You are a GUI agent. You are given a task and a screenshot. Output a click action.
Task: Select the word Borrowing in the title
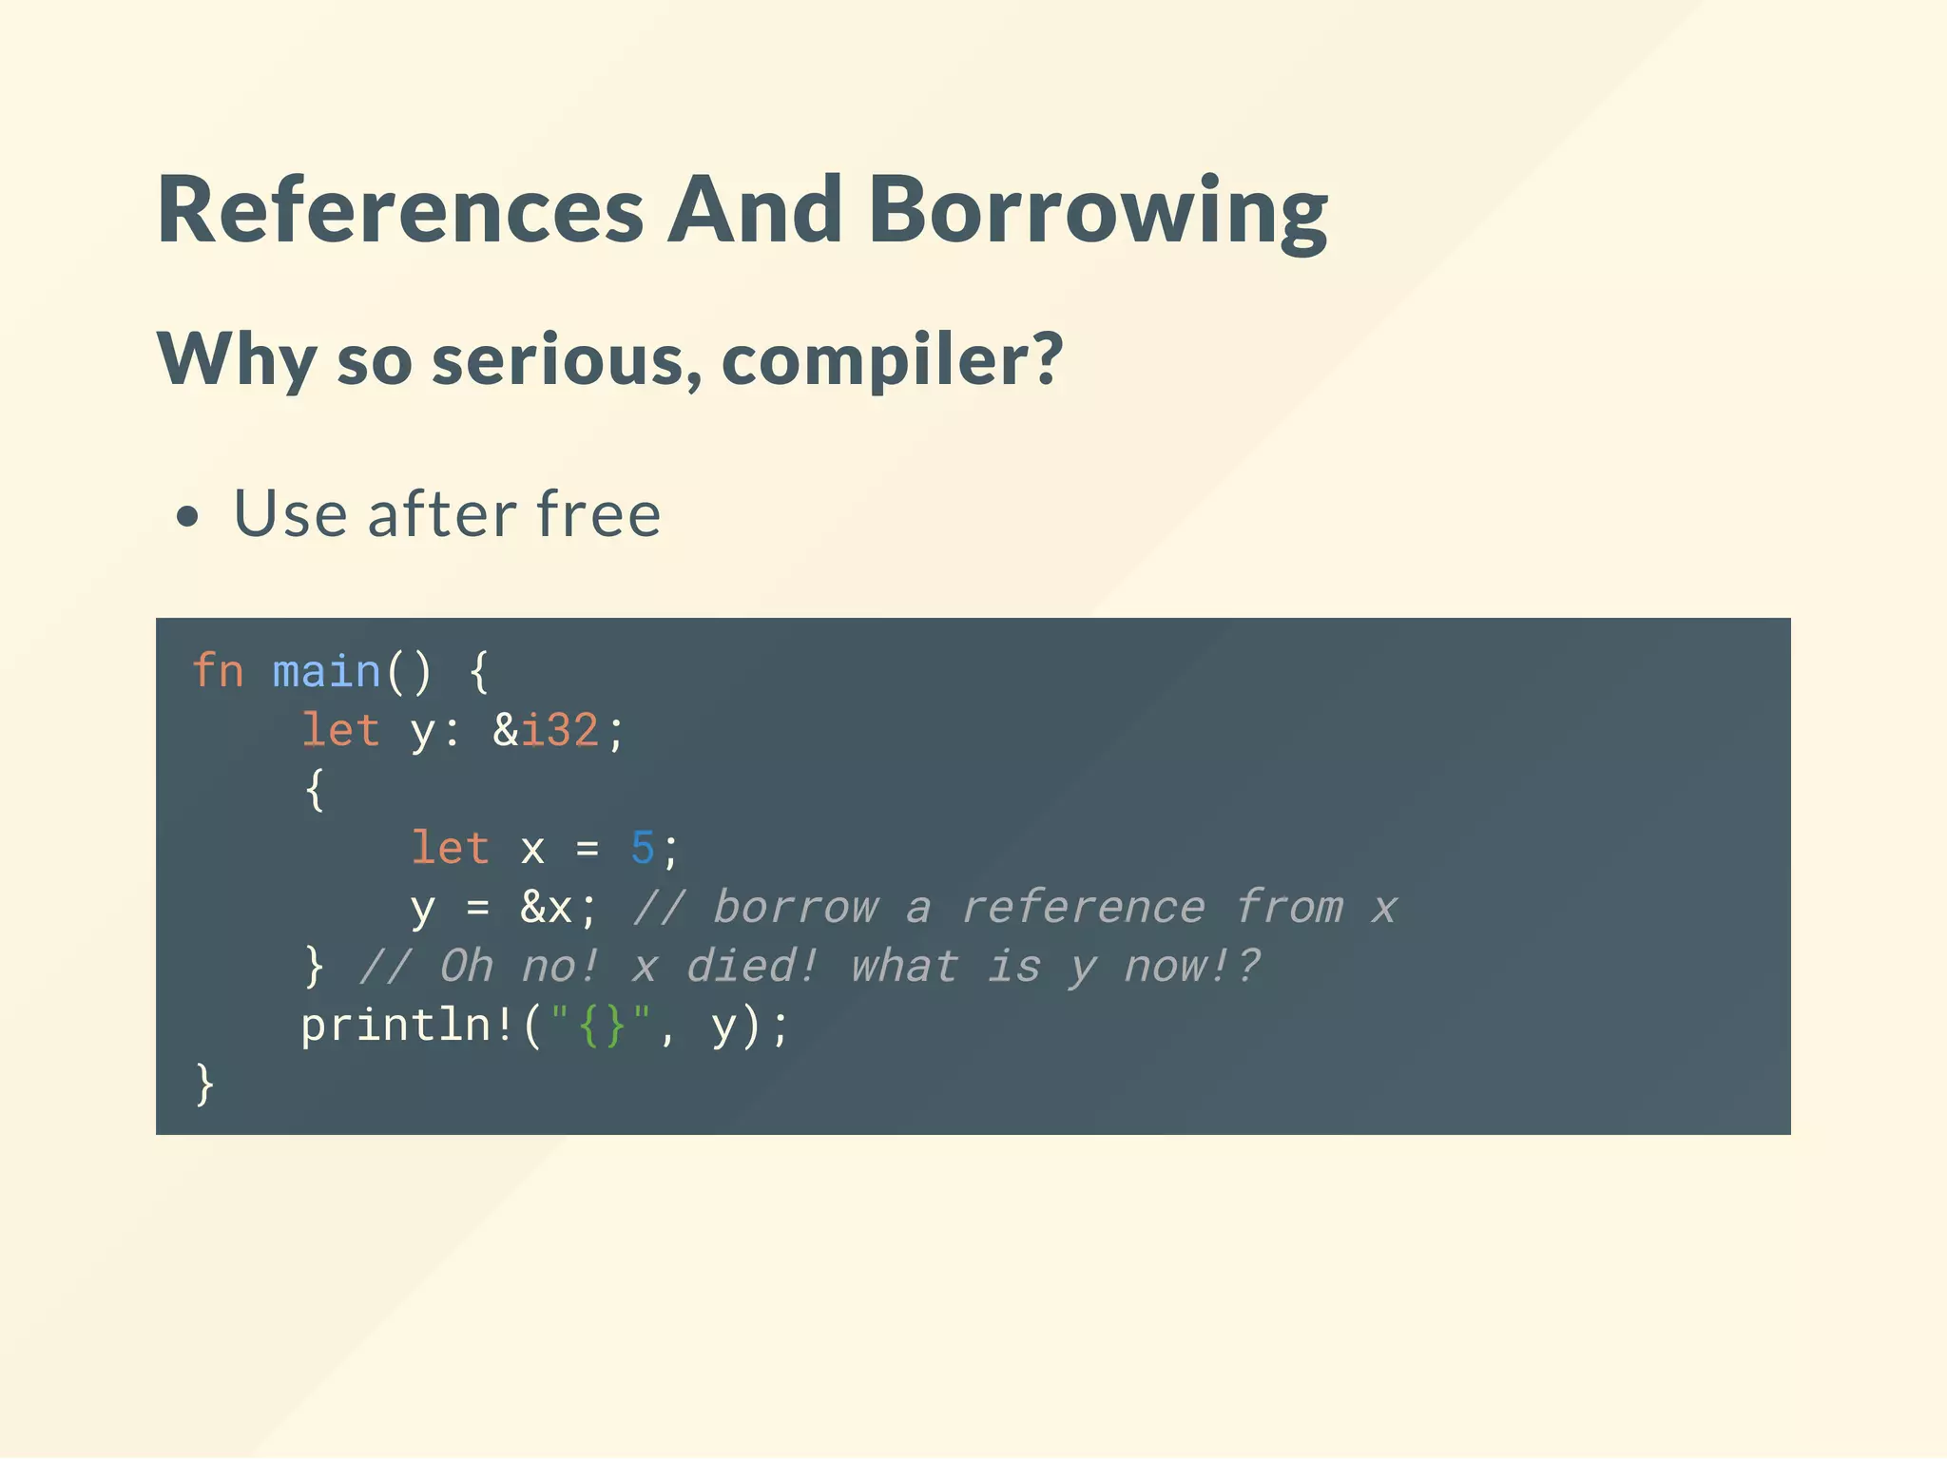pyautogui.click(x=1098, y=211)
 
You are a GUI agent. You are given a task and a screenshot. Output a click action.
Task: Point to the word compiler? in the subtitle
pyautogui.click(x=892, y=361)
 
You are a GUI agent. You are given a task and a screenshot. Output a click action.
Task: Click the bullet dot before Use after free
pyautogui.click(x=188, y=517)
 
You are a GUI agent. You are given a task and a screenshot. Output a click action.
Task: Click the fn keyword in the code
pyautogui.click(x=218, y=671)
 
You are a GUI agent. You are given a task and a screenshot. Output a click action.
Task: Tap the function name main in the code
pyautogui.click(x=326, y=671)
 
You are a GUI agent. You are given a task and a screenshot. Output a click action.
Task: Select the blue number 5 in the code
pyautogui.click(x=643, y=848)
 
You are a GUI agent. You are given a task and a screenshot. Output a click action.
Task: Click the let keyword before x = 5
pyautogui.click(x=450, y=848)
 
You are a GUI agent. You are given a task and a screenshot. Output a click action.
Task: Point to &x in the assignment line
pyautogui.click(x=546, y=908)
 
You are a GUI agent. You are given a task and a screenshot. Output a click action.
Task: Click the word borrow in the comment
pyautogui.click(x=796, y=908)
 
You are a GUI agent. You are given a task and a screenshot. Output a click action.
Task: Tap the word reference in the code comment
pyautogui.click(x=1083, y=908)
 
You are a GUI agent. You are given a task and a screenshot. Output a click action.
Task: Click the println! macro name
pyautogui.click(x=408, y=1026)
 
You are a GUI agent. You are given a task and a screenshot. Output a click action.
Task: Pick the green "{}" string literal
pyautogui.click(x=601, y=1026)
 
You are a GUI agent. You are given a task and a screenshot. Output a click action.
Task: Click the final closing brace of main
pyautogui.click(x=204, y=1085)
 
